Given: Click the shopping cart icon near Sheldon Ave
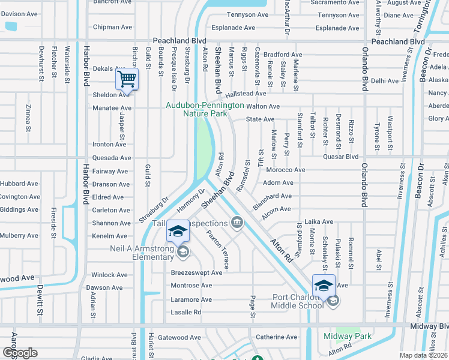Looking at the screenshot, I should coord(127,79).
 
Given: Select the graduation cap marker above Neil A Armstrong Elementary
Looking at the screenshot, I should coord(177,231).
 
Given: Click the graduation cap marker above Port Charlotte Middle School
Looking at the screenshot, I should coord(324,285).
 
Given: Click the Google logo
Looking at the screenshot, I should coord(20,353).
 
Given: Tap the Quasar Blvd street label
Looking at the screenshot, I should coord(340,157).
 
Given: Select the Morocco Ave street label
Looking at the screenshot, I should coord(285,170).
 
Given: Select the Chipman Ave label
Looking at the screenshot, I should coord(112,27).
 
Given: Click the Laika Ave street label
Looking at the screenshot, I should coord(319,221).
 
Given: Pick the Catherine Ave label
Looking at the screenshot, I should coord(276,337).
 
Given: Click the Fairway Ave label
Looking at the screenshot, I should coord(110,171).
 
